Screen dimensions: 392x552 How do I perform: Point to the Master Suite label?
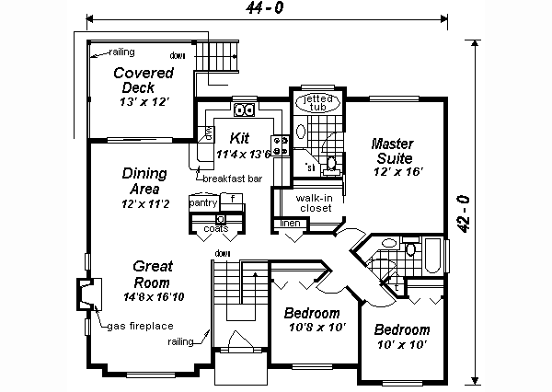point(394,151)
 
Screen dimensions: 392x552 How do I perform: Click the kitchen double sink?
point(245,111)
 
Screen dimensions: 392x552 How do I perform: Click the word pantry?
point(202,201)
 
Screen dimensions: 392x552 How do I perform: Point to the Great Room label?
point(153,274)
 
